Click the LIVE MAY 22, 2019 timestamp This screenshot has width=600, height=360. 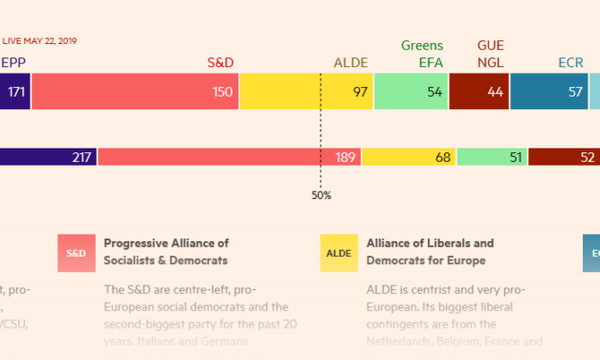[39, 41]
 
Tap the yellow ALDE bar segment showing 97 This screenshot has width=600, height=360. [306, 92]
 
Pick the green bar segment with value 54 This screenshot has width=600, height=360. [411, 92]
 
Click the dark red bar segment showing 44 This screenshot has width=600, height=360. [478, 92]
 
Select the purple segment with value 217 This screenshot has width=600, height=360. [48, 157]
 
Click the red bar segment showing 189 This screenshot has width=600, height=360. [229, 157]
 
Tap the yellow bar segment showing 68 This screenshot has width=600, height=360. [409, 157]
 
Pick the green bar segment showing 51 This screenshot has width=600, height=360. [492, 157]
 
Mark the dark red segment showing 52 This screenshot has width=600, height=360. [564, 157]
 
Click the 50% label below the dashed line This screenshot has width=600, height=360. [321, 195]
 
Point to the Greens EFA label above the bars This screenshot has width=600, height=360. [421, 55]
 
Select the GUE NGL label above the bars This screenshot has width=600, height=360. [490, 55]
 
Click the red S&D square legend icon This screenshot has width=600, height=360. [76, 253]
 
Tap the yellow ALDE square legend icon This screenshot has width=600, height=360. [339, 253]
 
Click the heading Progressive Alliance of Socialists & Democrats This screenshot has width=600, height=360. [166, 251]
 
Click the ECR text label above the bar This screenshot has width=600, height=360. [570, 63]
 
